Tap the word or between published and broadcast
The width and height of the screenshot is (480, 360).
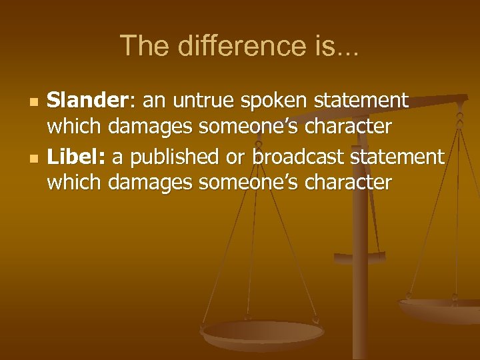(238, 158)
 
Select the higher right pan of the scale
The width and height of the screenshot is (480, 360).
(440, 309)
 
